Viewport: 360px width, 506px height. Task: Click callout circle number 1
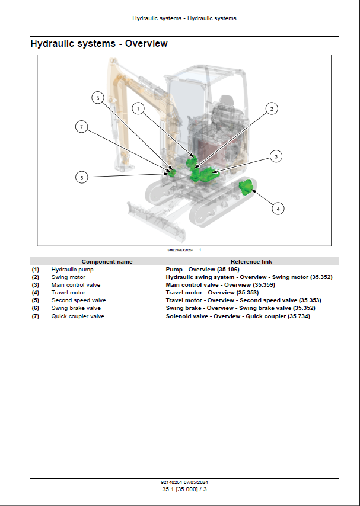click(138, 108)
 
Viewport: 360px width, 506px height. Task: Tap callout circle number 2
click(271, 108)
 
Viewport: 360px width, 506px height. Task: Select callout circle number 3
click(275, 156)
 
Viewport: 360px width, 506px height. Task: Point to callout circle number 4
click(278, 208)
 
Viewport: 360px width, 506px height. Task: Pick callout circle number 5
click(82, 177)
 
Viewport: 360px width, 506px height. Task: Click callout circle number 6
click(98, 98)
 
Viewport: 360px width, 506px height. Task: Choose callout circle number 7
click(82, 126)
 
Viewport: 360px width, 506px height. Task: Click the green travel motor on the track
click(246, 188)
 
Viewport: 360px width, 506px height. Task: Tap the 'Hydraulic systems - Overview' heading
click(99, 44)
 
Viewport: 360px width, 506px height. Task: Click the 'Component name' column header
click(107, 262)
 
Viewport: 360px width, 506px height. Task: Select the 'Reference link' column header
click(251, 262)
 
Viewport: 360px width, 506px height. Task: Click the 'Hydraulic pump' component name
click(72, 270)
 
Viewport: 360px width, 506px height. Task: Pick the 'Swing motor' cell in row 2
click(68, 277)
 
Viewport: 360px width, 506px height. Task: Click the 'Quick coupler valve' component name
click(78, 316)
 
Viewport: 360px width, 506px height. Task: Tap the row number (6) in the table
click(36, 308)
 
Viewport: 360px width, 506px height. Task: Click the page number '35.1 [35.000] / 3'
click(184, 489)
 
